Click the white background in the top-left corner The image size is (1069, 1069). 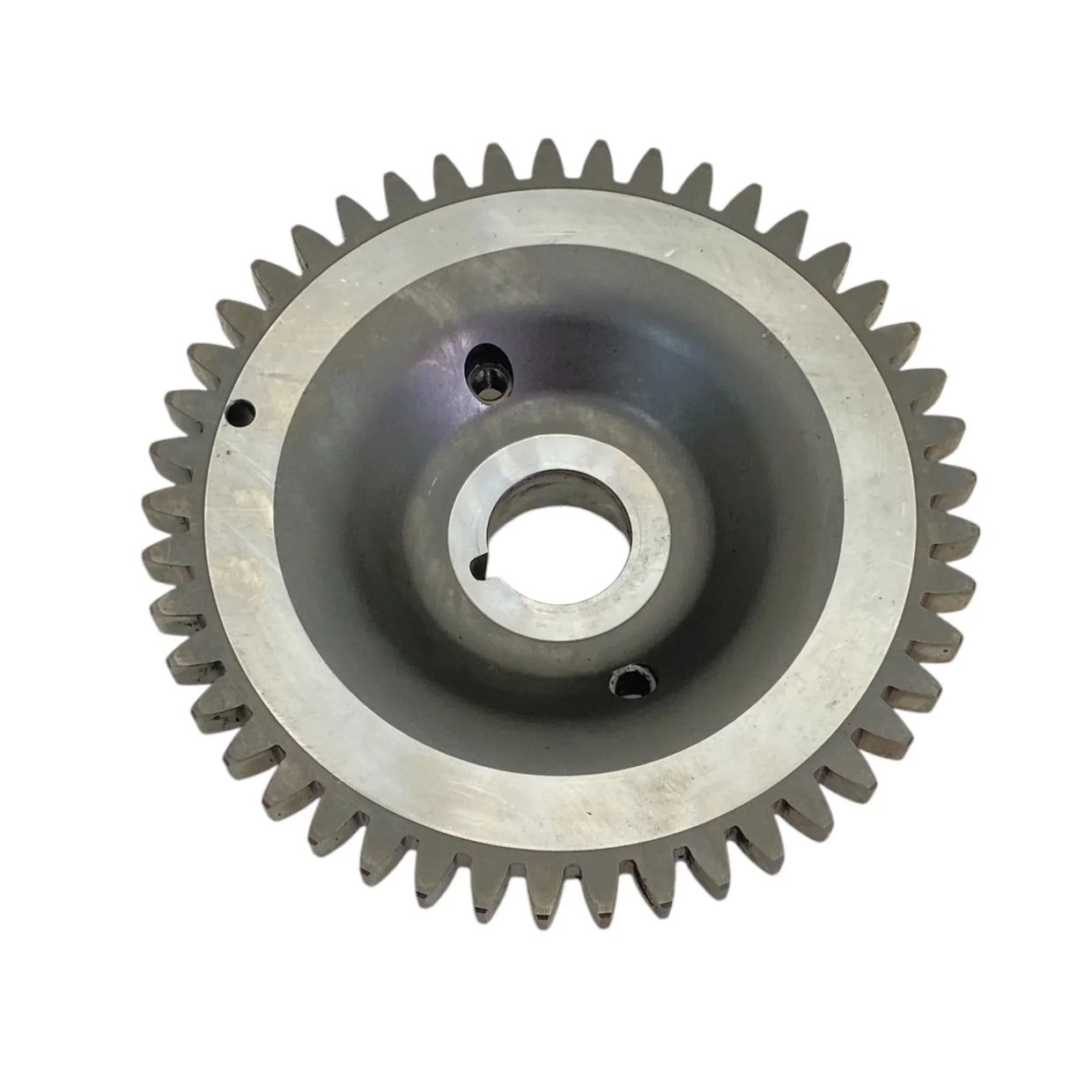pyautogui.click(x=53, y=53)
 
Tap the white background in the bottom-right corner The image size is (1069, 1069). pyautogui.click(x=1013, y=1013)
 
